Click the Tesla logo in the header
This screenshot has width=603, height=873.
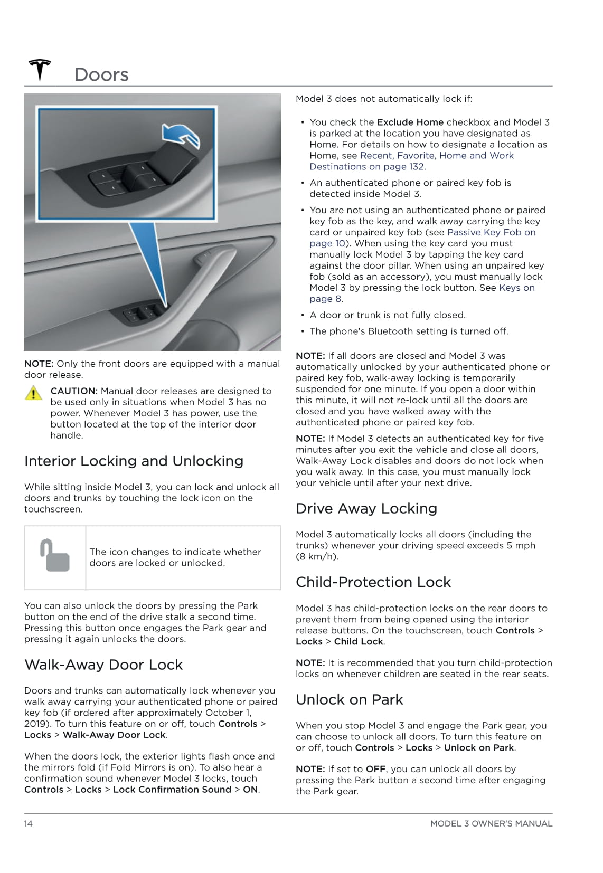point(40,70)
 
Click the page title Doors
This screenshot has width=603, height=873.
point(101,75)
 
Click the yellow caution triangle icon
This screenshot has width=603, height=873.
point(33,393)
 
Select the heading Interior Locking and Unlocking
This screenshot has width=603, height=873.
point(134,461)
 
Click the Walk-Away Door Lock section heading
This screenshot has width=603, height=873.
point(103,665)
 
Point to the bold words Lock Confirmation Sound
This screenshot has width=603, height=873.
point(172,790)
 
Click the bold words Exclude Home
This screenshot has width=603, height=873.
point(410,122)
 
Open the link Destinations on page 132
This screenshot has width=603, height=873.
point(366,167)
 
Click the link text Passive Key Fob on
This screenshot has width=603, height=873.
point(491,232)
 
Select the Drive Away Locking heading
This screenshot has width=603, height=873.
point(366,509)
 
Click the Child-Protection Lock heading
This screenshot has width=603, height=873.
point(373,582)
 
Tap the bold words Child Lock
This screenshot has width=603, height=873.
point(359,642)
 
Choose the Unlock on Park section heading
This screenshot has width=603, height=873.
point(350,700)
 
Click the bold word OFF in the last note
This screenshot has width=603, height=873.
point(375,770)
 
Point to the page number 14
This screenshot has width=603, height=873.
point(29,823)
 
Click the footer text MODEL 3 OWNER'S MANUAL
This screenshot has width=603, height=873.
point(491,823)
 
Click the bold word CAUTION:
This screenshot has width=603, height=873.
point(74,391)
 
